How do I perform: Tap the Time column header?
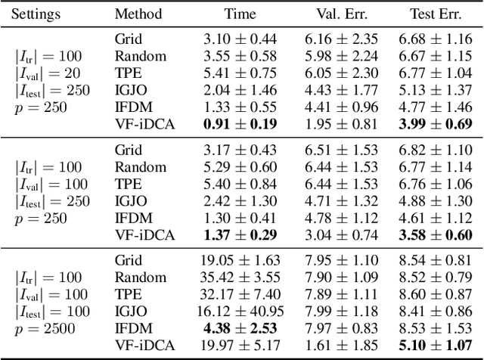coord(240,14)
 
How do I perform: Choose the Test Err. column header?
coord(436,14)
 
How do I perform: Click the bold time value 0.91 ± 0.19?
coord(240,123)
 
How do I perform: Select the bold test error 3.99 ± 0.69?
coord(436,123)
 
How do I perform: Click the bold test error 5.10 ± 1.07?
coord(436,345)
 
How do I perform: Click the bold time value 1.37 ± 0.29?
coord(240,234)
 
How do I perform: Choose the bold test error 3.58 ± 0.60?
coord(436,234)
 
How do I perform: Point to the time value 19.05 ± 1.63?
coord(240,259)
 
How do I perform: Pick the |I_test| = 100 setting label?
coord(52,310)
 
